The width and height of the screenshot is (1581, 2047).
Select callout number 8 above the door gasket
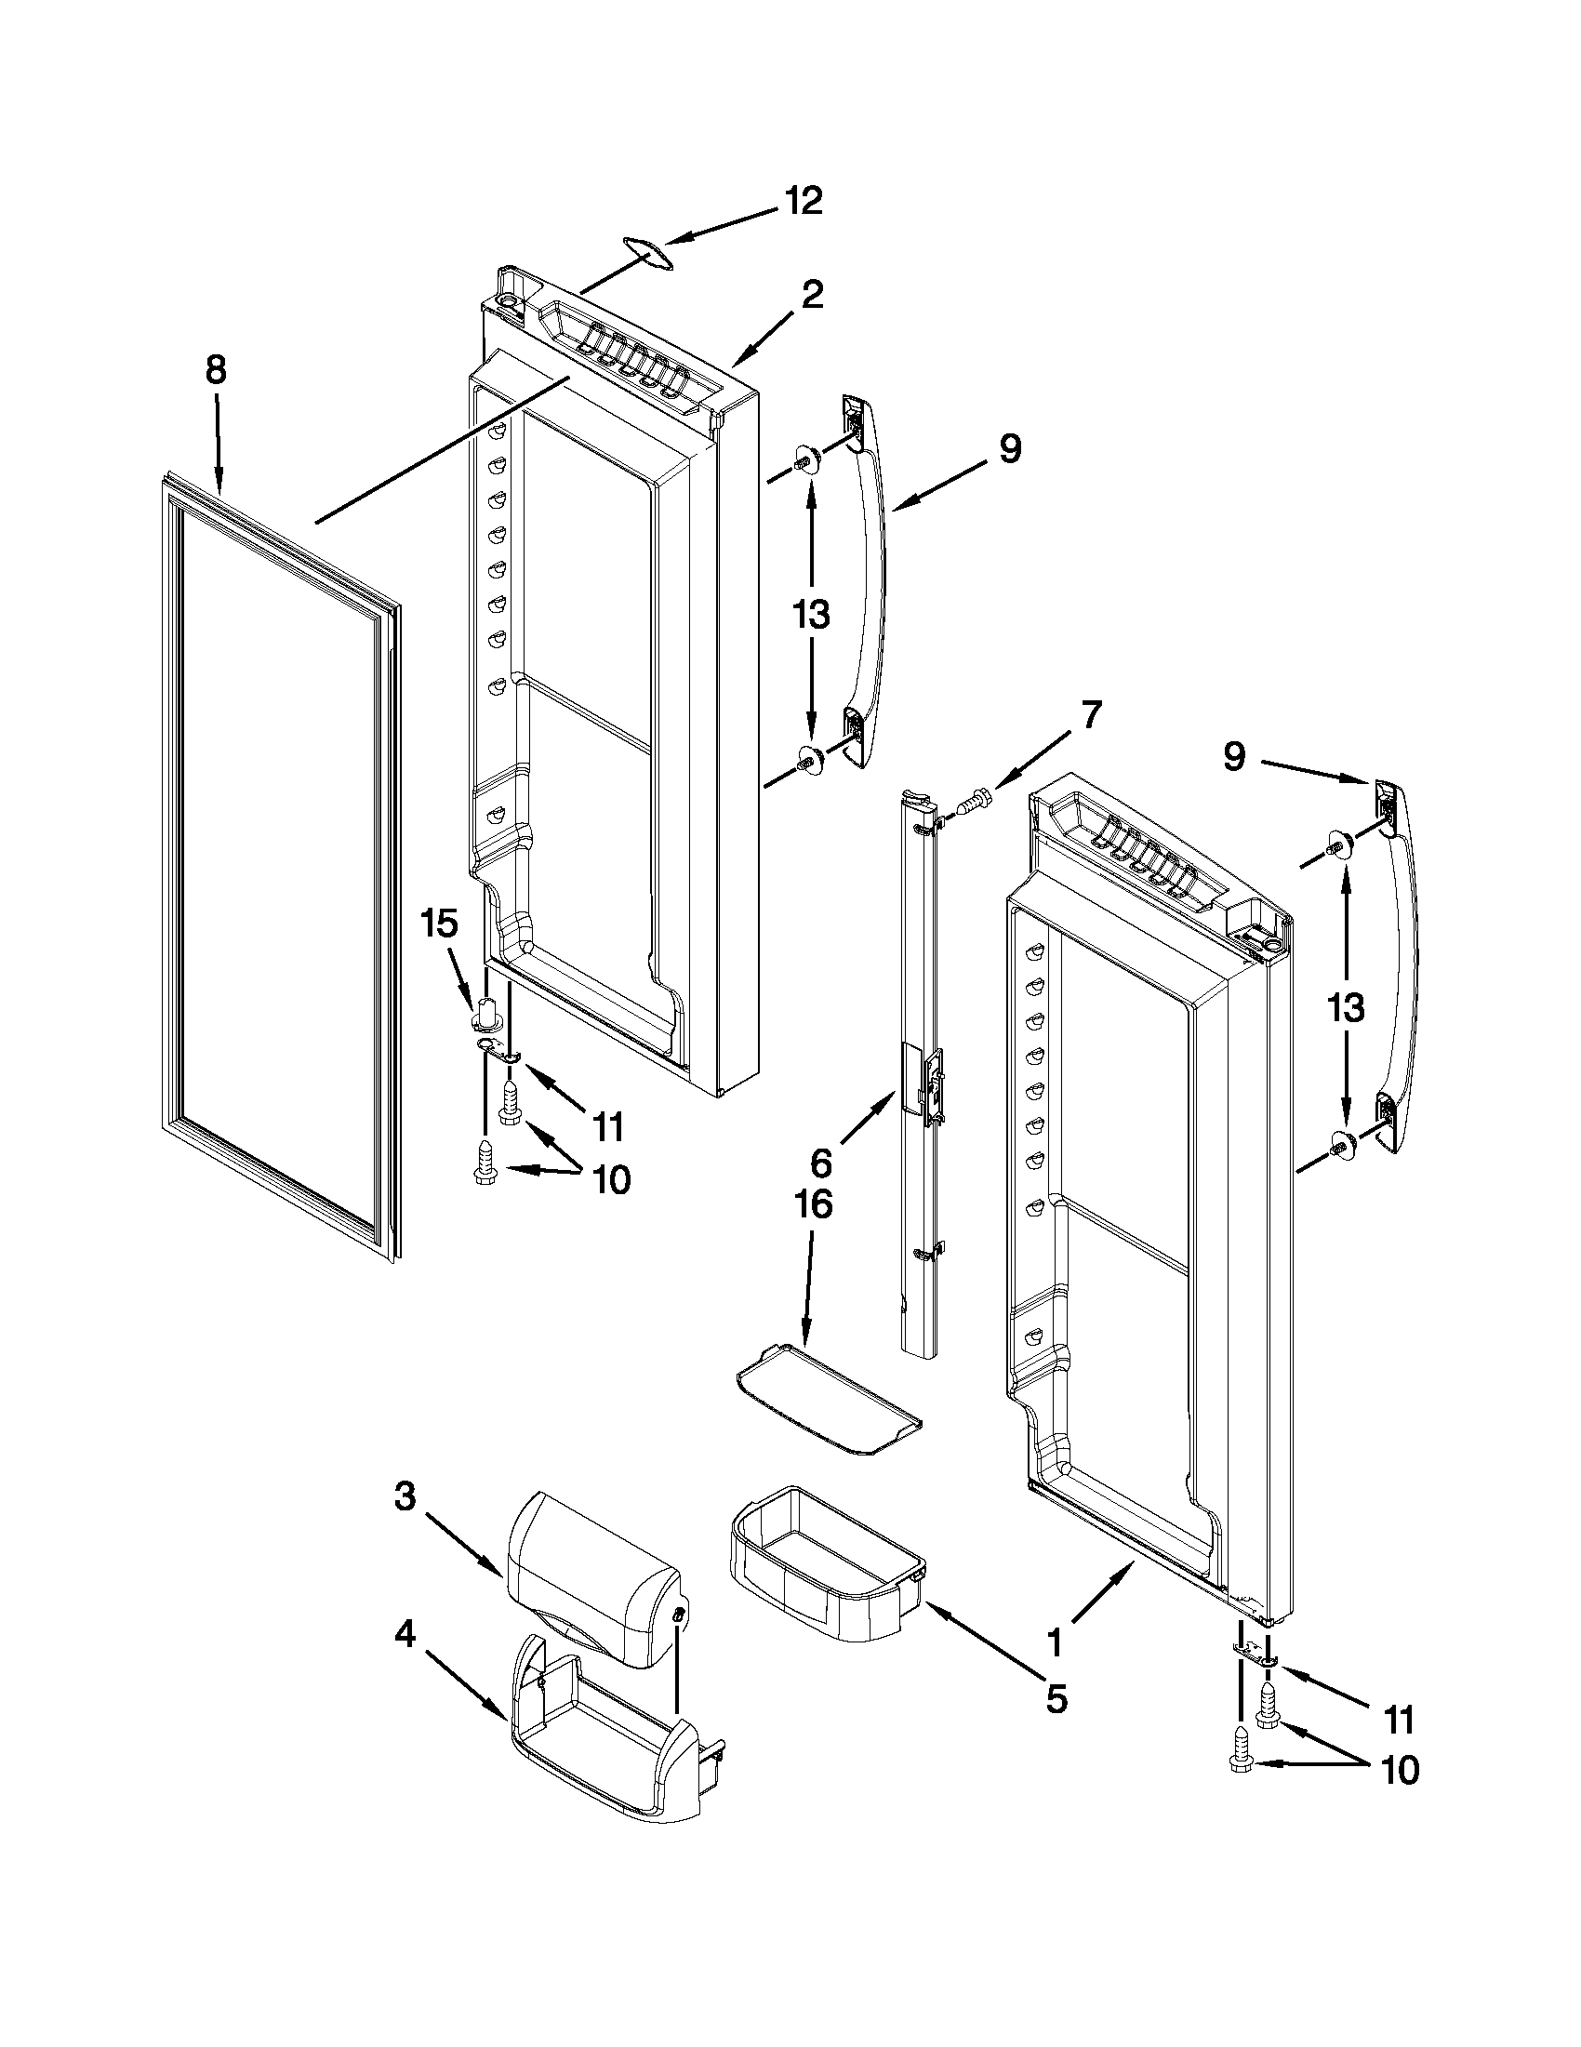pyautogui.click(x=216, y=372)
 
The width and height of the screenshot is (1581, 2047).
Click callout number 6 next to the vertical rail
pyautogui.click(x=820, y=1163)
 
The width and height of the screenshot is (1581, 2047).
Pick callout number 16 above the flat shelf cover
pyautogui.click(x=813, y=1204)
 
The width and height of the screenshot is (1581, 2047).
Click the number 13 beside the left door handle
pyautogui.click(x=811, y=616)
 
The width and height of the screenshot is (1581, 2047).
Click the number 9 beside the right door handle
pyautogui.click(x=1234, y=756)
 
